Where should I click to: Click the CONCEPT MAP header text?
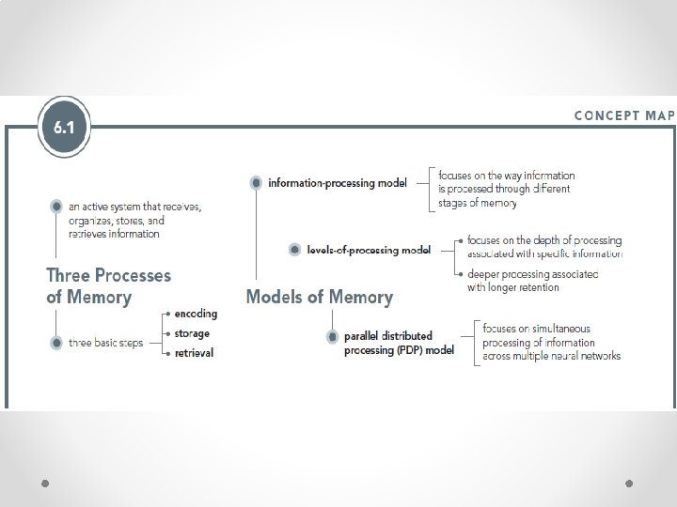point(624,115)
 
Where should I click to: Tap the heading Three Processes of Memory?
point(109,286)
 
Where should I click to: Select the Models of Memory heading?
point(319,297)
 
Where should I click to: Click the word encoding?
point(195,314)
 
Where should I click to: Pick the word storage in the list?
point(192,333)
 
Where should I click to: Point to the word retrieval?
point(193,353)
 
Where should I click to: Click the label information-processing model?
point(338,183)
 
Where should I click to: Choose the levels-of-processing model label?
point(369,250)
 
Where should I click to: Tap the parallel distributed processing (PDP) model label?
point(399,343)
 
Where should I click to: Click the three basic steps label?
point(106,344)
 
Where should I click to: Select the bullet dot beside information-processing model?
point(256,183)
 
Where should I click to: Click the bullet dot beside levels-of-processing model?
point(294,250)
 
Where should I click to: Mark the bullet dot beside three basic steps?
point(56,344)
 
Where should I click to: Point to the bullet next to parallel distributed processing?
point(332,336)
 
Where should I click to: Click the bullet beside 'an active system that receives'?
point(56,206)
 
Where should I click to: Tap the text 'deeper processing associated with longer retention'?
point(532,281)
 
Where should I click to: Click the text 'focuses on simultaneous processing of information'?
point(551,342)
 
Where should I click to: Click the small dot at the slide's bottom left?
point(45,484)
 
